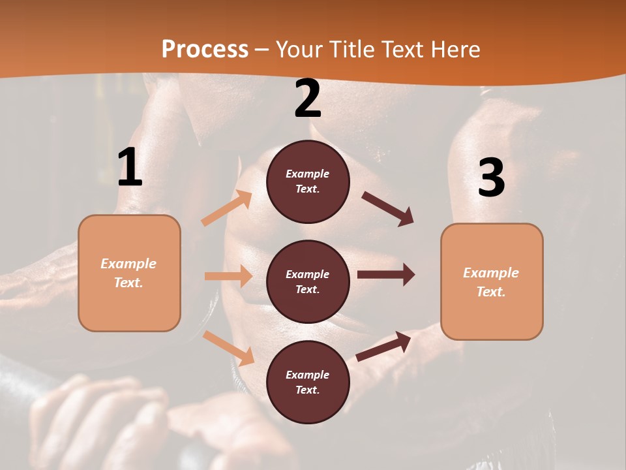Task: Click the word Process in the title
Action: (x=205, y=49)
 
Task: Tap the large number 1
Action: (x=130, y=168)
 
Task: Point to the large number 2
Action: (x=308, y=99)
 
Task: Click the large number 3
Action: (x=491, y=178)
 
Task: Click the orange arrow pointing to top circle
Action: (x=227, y=208)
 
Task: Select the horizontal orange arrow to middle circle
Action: (x=228, y=276)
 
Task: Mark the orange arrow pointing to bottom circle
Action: (x=228, y=348)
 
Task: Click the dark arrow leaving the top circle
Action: (x=388, y=209)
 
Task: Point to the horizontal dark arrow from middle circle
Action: (x=386, y=275)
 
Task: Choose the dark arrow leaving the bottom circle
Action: (x=383, y=346)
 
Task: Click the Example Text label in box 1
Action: (x=129, y=273)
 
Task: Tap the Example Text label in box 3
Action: (x=491, y=282)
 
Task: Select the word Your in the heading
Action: (x=301, y=49)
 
